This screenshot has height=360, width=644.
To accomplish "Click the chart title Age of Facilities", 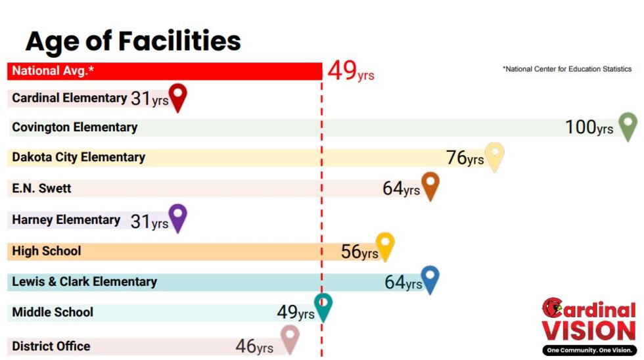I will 133,41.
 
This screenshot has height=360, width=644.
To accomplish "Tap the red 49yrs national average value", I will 350,71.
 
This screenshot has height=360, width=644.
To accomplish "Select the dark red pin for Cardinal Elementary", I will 177,96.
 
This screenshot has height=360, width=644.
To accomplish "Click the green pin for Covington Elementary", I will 628,124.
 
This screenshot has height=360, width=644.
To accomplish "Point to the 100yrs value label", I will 589,127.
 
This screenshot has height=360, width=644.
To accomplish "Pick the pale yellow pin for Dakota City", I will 494,155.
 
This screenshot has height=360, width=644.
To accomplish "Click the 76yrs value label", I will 465,158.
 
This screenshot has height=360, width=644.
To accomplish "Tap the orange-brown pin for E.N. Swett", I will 430,185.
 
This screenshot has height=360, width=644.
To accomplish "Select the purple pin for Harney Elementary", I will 177,216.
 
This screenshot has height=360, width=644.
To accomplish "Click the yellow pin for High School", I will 384,245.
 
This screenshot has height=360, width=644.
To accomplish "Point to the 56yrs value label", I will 359,252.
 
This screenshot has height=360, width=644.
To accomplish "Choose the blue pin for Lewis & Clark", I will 430,278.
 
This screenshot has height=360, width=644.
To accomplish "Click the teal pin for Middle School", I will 323,305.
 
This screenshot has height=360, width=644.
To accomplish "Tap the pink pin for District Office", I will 289,337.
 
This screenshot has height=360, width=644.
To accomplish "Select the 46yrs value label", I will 254,346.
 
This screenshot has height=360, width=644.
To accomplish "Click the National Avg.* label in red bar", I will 53,71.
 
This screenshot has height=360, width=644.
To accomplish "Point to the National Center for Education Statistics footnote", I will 567,69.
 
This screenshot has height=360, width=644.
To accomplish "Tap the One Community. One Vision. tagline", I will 589,350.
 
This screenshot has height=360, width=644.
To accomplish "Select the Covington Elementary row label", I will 75,127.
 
